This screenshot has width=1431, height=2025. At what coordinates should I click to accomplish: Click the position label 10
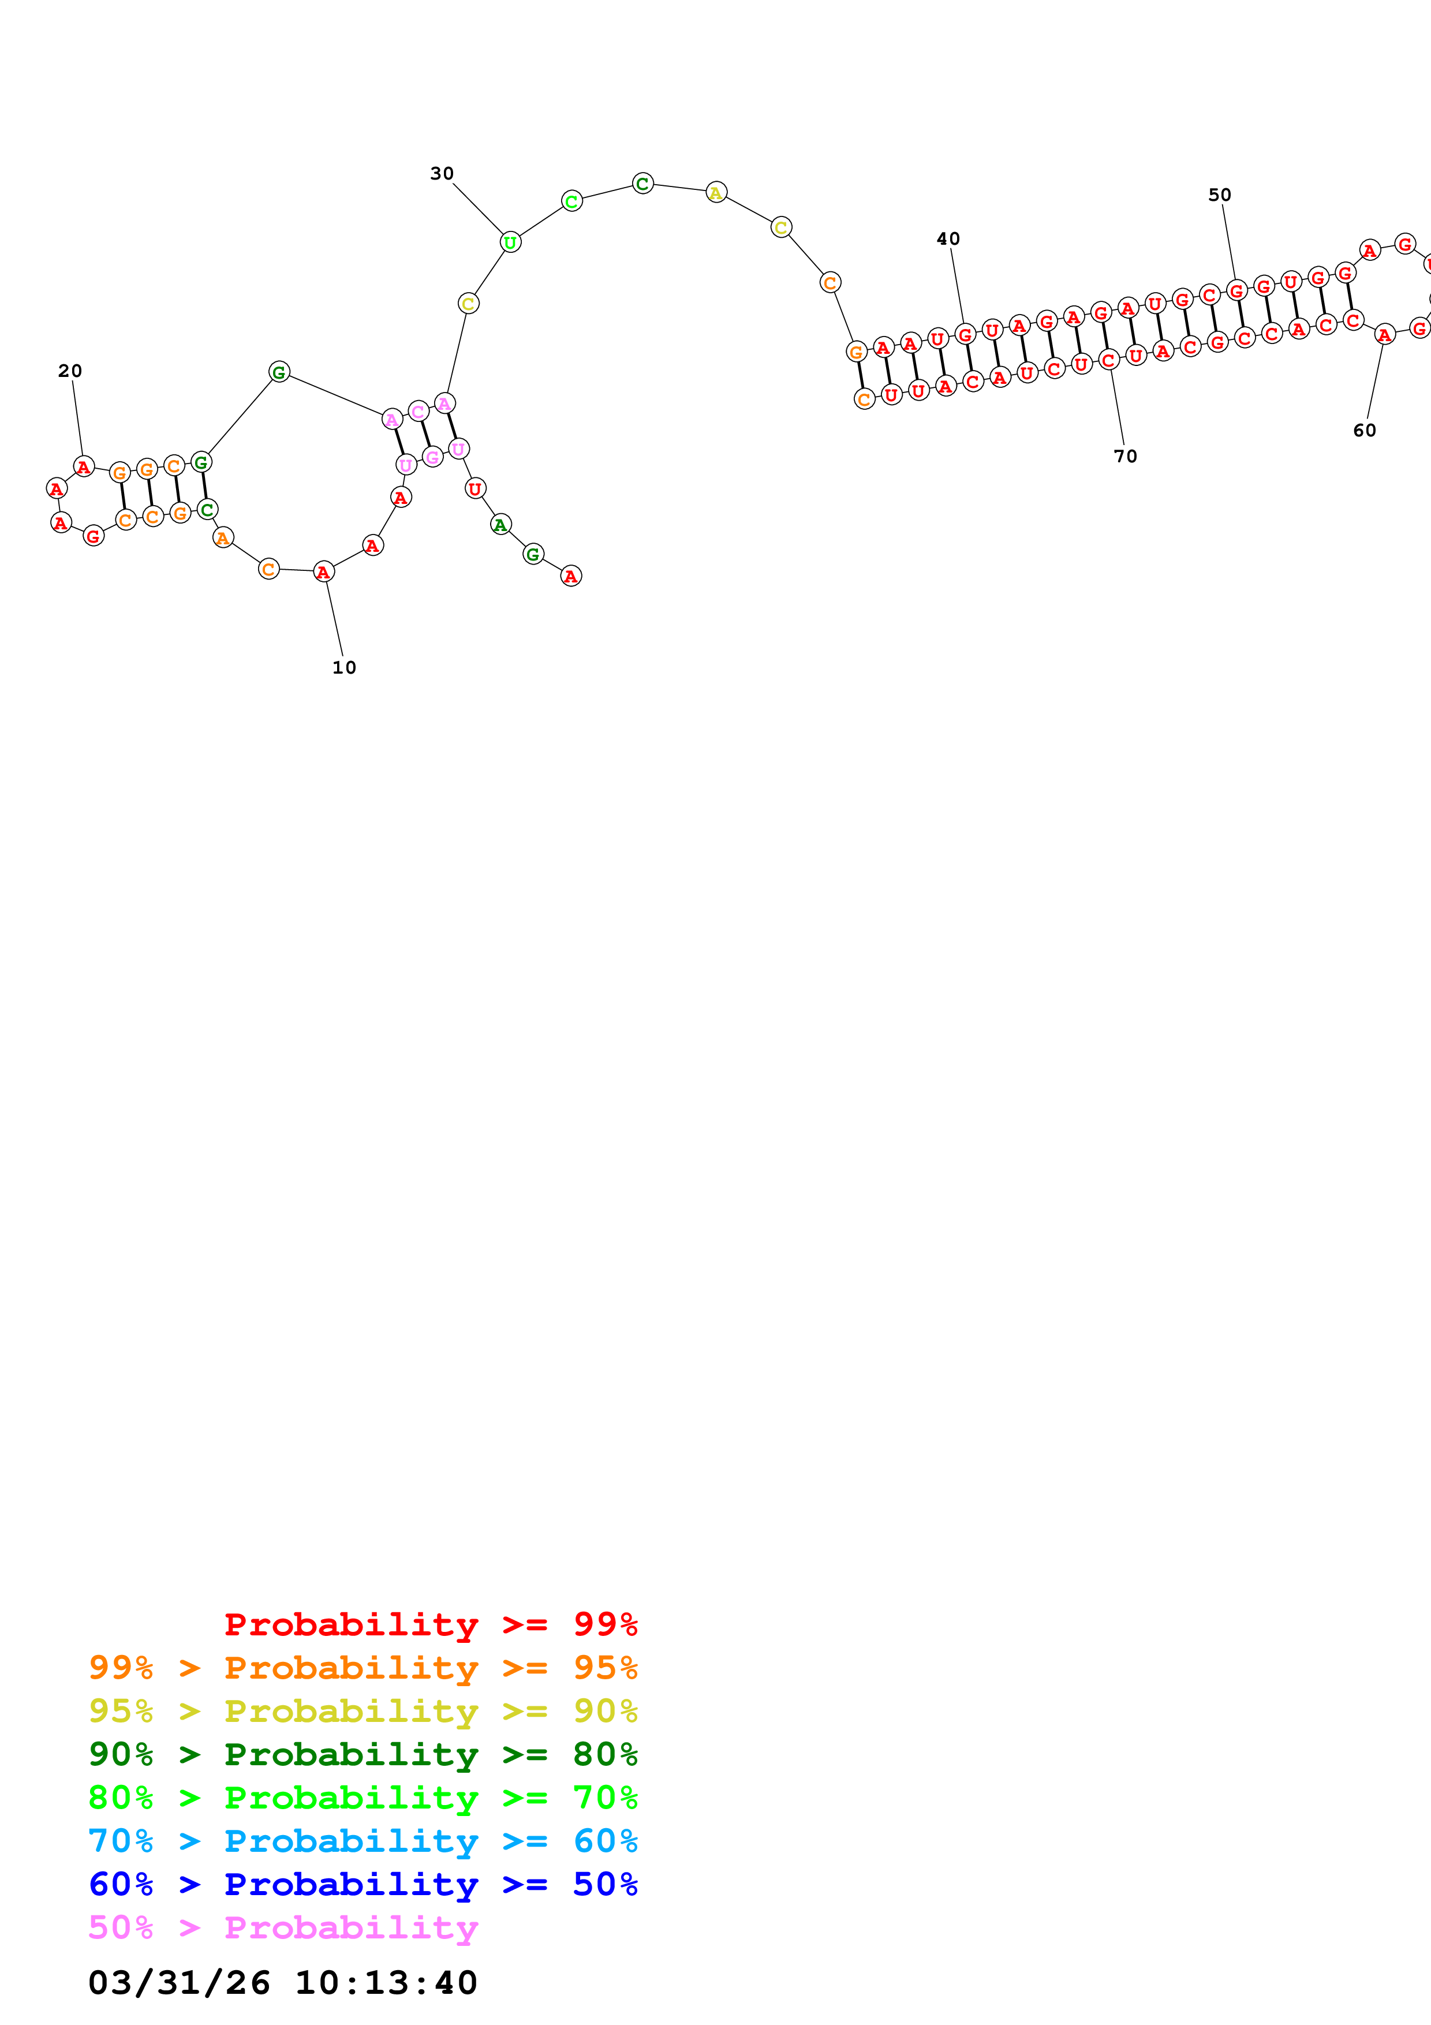pyautogui.click(x=344, y=668)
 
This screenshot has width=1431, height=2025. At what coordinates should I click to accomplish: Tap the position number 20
pyautogui.click(x=70, y=371)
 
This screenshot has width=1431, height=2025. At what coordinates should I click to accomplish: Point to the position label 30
pyautogui.click(x=442, y=174)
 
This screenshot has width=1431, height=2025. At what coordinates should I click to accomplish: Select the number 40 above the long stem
pyautogui.click(x=948, y=239)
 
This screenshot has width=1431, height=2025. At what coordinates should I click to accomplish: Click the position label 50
pyautogui.click(x=1219, y=195)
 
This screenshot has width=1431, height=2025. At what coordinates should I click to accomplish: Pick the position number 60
pyautogui.click(x=1364, y=431)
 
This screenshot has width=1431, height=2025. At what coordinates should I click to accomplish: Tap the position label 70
pyautogui.click(x=1125, y=456)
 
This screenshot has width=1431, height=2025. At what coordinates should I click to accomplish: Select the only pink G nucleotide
pyautogui.click(x=432, y=457)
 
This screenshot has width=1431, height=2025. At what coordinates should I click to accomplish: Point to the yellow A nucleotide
pyautogui.click(x=716, y=192)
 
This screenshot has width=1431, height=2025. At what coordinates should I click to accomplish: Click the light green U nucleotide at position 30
pyautogui.click(x=510, y=242)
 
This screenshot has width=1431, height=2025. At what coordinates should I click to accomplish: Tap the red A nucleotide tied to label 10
pyautogui.click(x=324, y=571)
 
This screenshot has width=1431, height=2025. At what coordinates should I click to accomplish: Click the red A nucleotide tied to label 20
pyautogui.click(x=84, y=466)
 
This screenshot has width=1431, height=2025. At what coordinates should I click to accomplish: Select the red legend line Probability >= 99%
pyautogui.click(x=430, y=1624)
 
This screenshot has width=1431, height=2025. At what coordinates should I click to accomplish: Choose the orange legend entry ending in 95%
pyautogui.click(x=363, y=1668)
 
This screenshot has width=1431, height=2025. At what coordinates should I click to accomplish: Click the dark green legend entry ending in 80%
pyautogui.click(x=363, y=1754)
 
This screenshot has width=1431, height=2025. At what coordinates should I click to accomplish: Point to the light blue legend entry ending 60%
pyautogui.click(x=363, y=1841)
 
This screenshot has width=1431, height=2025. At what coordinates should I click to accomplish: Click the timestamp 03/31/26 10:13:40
pyautogui.click(x=282, y=1983)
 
